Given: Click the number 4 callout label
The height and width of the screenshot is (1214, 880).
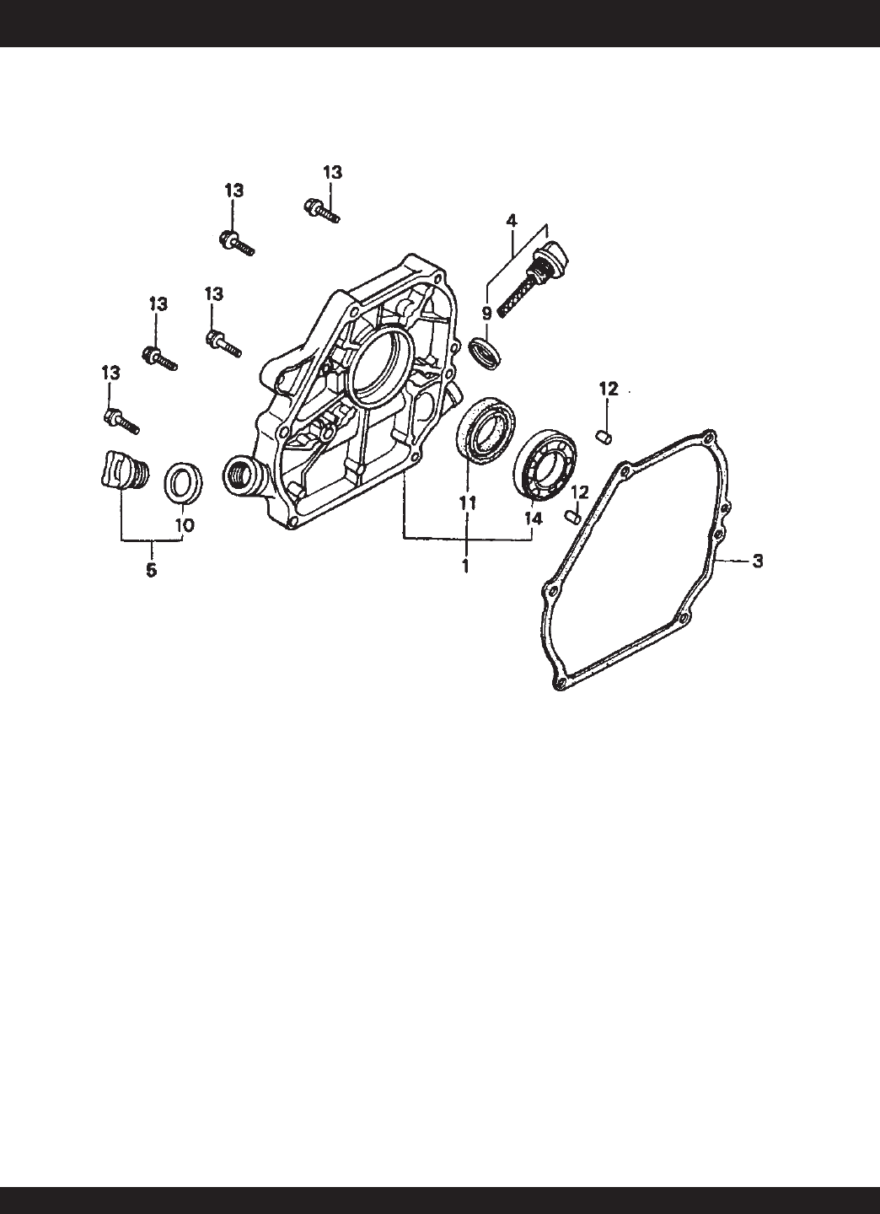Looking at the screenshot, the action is (512, 221).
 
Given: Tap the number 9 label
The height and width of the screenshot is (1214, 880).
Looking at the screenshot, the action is (486, 313).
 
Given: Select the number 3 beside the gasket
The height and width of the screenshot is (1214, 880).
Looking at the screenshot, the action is (758, 561).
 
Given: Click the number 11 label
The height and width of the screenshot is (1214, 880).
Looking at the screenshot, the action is (468, 503).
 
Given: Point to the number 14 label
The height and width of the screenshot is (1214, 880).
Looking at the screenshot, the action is (534, 518).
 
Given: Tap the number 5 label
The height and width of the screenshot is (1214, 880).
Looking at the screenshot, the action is (151, 570).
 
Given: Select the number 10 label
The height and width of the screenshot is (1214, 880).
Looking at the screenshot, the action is (185, 524).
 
